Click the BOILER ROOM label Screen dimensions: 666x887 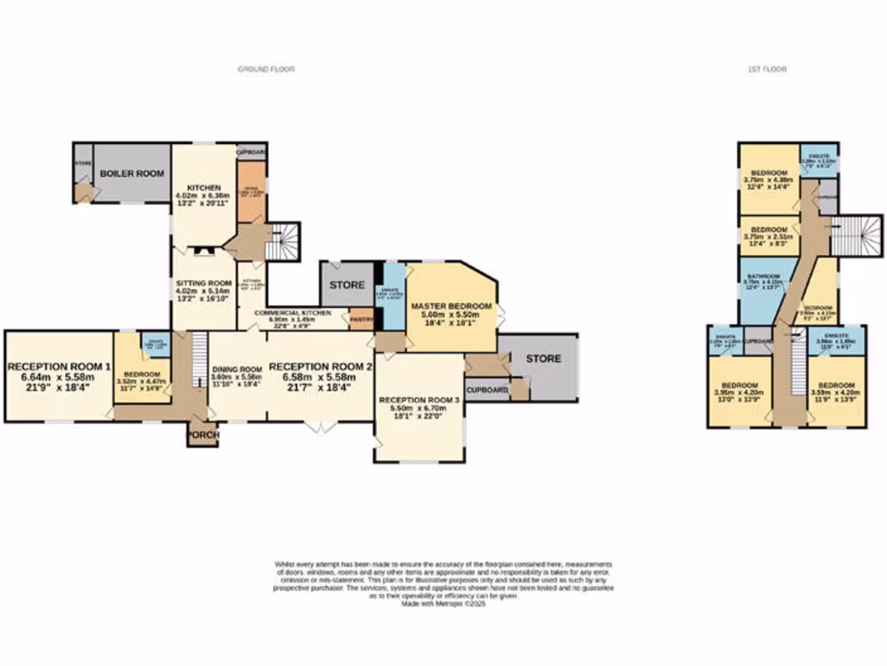(132, 173)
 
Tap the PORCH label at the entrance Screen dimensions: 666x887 (203, 434)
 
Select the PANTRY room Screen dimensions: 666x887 (360, 318)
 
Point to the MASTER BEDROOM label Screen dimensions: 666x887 (451, 306)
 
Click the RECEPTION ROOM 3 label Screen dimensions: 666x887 (419, 400)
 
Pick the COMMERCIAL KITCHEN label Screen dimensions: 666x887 (289, 312)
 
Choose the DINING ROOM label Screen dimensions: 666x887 (236, 369)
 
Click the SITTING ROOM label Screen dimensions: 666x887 (204, 283)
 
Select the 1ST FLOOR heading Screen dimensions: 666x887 (767, 69)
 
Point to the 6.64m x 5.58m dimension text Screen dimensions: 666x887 (59, 377)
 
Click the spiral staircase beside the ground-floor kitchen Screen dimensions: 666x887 (282, 241)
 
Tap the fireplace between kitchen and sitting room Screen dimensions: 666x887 (204, 252)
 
